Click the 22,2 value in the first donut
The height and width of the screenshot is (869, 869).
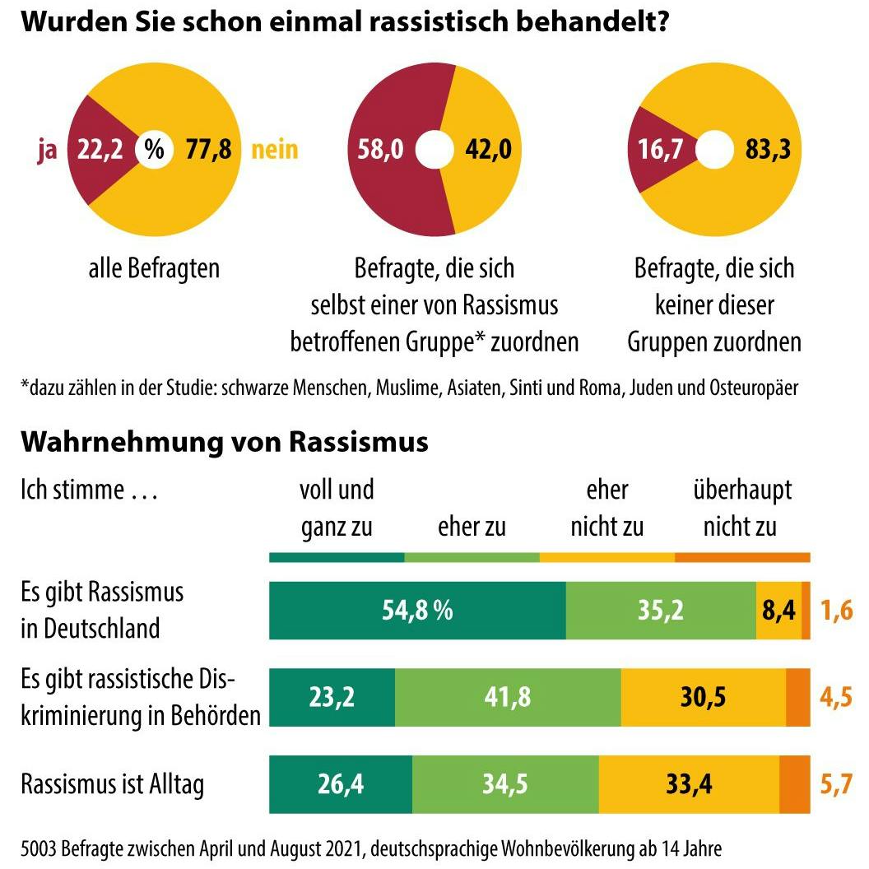[x=100, y=151]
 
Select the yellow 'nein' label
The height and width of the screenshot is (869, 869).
[x=274, y=151]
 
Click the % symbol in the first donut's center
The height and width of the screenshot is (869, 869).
[x=154, y=151]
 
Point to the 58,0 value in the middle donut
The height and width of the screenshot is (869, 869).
[x=381, y=151]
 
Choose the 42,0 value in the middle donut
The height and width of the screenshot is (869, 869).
[x=489, y=151]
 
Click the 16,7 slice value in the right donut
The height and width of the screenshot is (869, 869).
[x=661, y=151]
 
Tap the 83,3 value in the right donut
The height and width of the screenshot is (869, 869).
[x=769, y=151]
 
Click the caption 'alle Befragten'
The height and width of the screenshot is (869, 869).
[x=154, y=269]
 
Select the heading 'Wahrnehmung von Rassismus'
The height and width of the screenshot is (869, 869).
[x=224, y=442]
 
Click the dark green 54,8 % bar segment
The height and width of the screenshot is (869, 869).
[x=417, y=610]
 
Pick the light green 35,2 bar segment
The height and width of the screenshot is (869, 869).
[x=661, y=610]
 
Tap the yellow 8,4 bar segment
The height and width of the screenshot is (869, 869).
[x=778, y=610]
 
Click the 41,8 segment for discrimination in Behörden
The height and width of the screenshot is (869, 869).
[x=508, y=697]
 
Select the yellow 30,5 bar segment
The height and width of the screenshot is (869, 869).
[x=703, y=697]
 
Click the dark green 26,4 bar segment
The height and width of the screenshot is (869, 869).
[x=341, y=784]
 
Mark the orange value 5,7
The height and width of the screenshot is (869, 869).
[x=835, y=784]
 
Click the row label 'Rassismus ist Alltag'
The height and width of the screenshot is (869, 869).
[x=112, y=784]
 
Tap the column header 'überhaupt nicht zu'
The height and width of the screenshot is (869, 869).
[x=741, y=508]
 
